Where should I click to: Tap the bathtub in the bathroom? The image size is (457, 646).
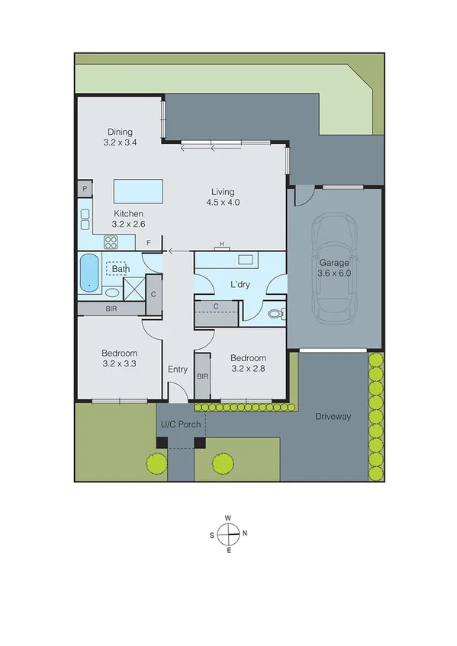(x=89, y=272)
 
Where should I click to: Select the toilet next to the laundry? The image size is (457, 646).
(x=275, y=312)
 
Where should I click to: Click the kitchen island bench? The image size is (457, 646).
(x=138, y=191)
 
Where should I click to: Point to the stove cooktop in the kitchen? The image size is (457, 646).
(x=111, y=243)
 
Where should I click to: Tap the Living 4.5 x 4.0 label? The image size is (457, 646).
(x=223, y=197)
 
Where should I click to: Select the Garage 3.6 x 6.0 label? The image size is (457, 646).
(x=334, y=268)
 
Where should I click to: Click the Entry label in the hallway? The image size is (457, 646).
(x=178, y=369)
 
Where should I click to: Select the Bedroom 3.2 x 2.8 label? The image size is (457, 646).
(x=249, y=363)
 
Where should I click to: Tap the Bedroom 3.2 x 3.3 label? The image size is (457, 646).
(x=120, y=358)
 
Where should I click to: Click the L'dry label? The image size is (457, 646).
(x=240, y=286)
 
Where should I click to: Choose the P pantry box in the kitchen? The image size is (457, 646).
(x=84, y=187)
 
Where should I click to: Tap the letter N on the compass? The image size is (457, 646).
(x=244, y=533)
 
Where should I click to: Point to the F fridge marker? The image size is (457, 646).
(x=150, y=242)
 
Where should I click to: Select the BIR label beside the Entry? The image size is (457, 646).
(x=202, y=376)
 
